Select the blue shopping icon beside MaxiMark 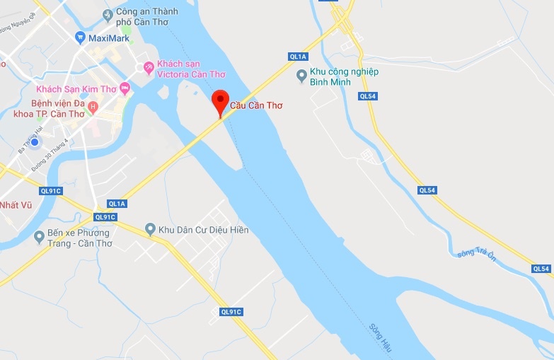80,37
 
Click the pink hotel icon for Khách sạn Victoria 149,68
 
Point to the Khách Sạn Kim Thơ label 77,89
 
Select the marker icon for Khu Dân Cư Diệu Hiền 150,229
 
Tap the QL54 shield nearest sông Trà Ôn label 426,190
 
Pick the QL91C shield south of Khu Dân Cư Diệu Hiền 231,312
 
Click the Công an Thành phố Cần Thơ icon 108,14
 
